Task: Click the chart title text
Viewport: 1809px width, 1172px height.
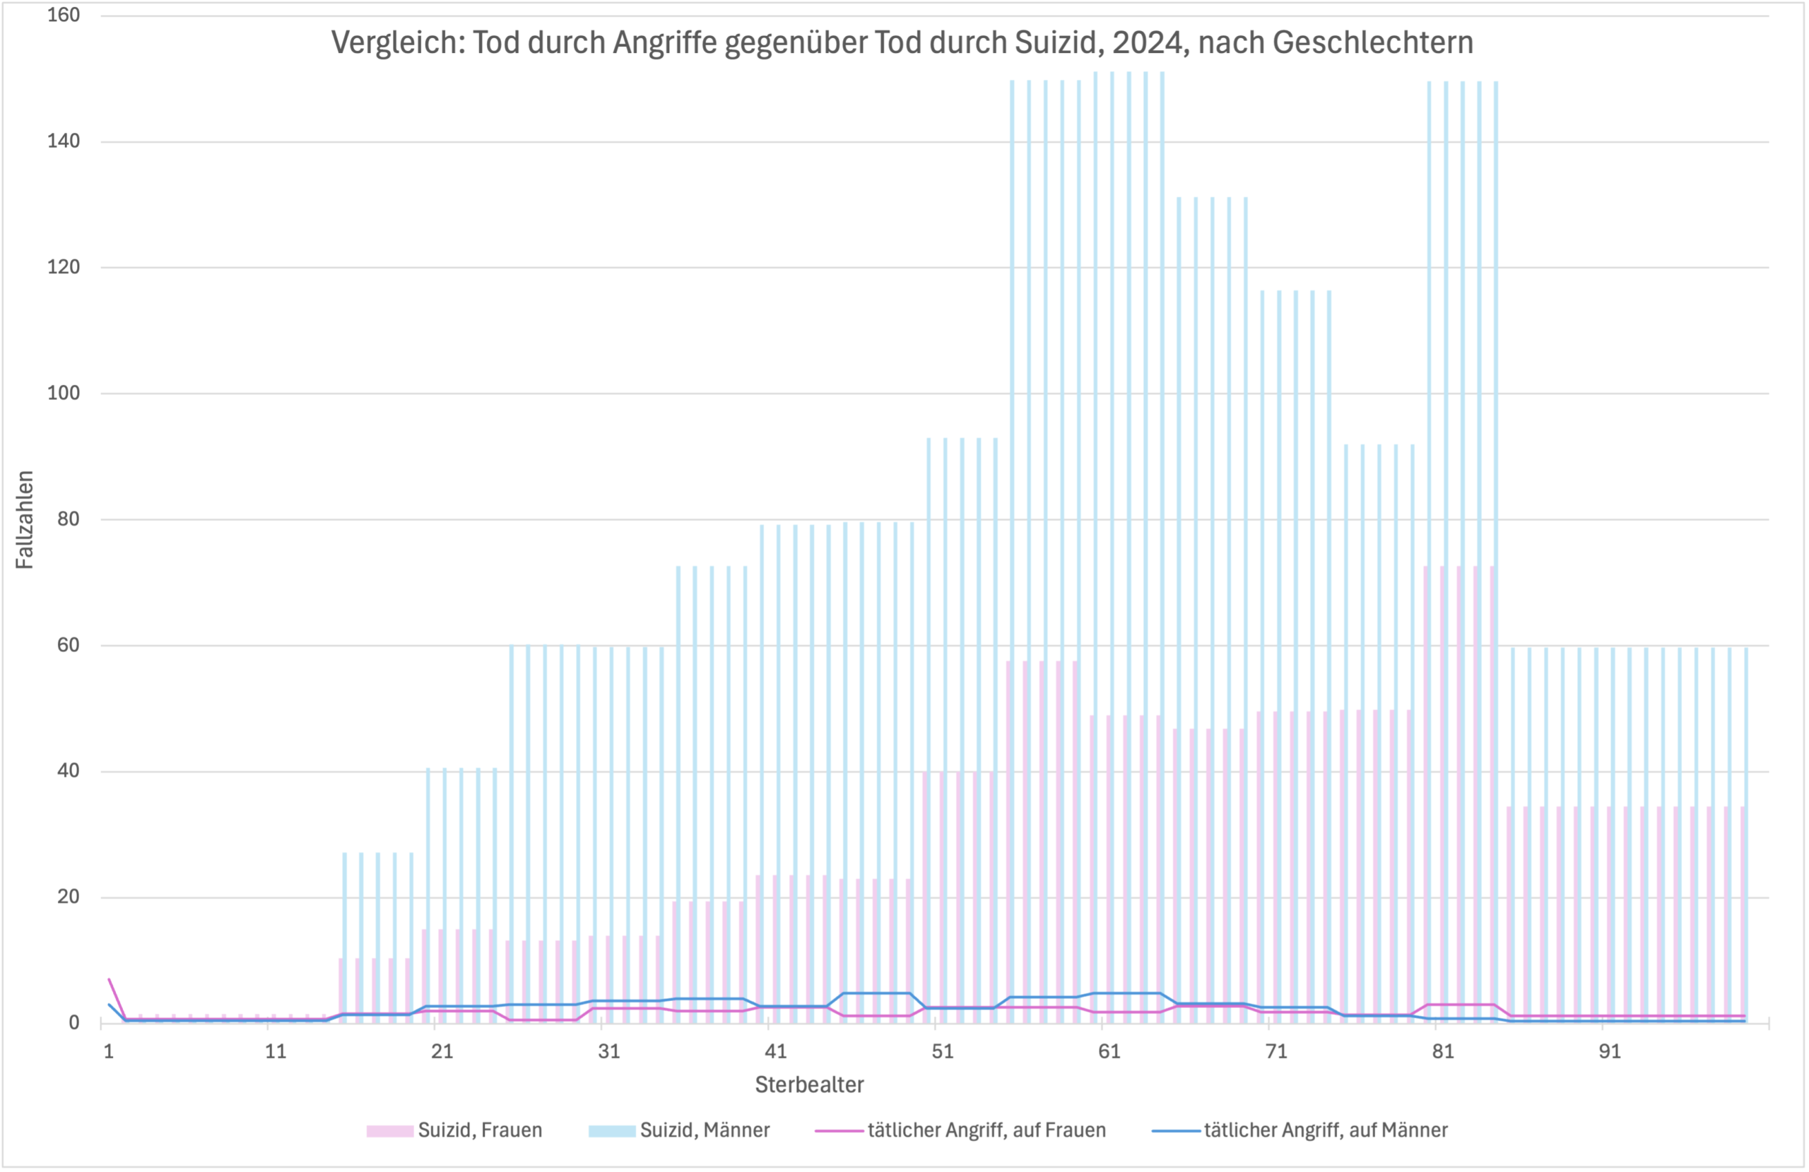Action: tap(902, 42)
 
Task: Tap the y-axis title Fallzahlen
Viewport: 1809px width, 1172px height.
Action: tap(25, 519)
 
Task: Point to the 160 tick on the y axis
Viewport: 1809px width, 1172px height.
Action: tap(63, 16)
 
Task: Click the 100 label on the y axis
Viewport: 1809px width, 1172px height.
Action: tap(63, 393)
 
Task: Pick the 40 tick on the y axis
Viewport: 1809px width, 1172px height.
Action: tap(68, 771)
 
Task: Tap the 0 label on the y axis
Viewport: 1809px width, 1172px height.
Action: tap(73, 1023)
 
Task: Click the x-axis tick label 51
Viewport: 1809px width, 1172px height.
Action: tap(943, 1051)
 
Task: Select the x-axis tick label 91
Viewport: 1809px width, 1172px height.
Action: tap(1610, 1051)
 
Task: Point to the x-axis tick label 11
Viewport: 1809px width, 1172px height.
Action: tap(275, 1051)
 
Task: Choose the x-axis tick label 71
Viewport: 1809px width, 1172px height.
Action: tap(1276, 1051)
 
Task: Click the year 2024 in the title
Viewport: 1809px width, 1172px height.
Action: tap(1149, 42)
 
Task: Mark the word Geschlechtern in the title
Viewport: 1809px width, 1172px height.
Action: tap(1373, 42)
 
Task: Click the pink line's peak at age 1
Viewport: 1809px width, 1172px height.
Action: tap(110, 979)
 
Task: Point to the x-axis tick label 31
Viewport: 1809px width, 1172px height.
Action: tap(609, 1051)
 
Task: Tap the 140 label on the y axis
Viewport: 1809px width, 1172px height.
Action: tap(63, 141)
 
